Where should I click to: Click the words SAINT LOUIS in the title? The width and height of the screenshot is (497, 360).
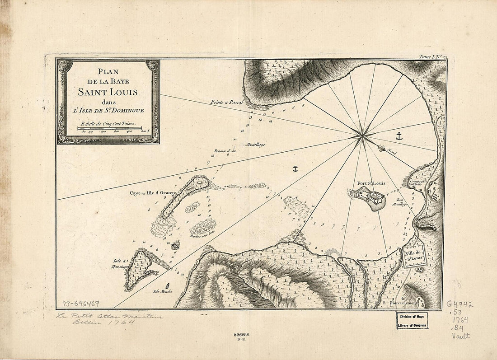[108, 92]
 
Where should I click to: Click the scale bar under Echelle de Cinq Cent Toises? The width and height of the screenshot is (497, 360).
[110, 128]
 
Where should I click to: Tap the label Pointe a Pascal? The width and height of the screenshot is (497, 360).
[227, 103]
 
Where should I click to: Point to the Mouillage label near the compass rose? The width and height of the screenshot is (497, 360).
[255, 145]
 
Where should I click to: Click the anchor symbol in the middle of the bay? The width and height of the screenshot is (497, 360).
[295, 169]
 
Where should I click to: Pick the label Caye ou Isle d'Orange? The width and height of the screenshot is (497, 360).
[152, 193]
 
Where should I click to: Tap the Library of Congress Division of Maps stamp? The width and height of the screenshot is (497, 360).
[413, 320]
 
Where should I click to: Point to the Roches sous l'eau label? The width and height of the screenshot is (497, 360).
[202, 235]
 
